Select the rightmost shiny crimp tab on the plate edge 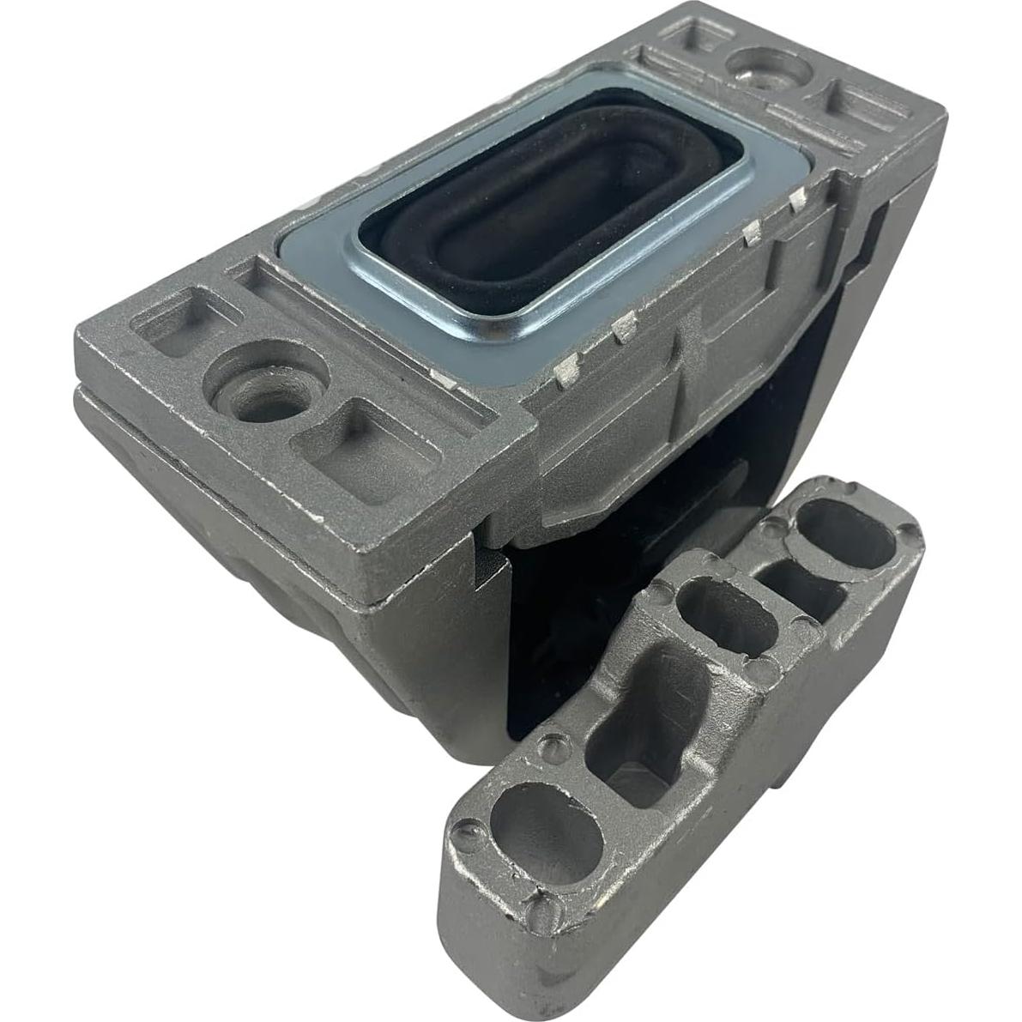798,199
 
